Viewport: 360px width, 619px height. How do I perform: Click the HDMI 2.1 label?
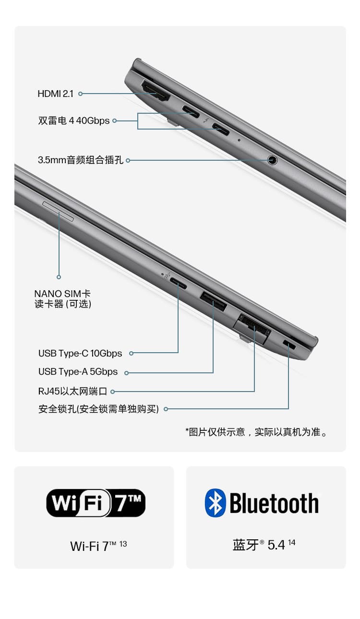(55, 94)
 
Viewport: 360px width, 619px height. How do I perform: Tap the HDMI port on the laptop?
(155, 91)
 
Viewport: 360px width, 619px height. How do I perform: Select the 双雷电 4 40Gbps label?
(74, 120)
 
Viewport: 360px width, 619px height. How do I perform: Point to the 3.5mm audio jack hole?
(272, 160)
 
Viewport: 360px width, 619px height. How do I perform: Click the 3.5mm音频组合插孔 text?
(81, 160)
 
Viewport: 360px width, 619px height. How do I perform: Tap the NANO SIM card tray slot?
(59, 212)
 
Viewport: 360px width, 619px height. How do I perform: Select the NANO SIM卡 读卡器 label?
(62, 298)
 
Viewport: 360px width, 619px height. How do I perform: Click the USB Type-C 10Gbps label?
(80, 353)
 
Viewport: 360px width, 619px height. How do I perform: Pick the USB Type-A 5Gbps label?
(78, 372)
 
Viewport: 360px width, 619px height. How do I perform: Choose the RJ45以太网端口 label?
(72, 391)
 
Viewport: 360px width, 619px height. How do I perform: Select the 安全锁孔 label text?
(98, 409)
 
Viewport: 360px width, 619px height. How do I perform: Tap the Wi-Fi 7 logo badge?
(96, 503)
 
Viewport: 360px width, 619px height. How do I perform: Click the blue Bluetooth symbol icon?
(215, 503)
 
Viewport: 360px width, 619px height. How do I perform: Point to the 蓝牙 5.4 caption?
(264, 545)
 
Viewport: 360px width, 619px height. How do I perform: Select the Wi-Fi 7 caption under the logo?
(98, 546)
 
